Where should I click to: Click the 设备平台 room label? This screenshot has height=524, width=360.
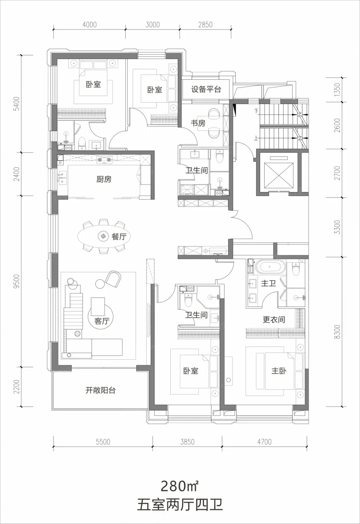(x=206, y=89)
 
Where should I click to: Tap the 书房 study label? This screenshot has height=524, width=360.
(x=198, y=123)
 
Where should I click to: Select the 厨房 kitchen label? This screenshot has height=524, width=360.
(x=104, y=179)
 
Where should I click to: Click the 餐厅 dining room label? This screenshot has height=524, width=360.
(x=119, y=237)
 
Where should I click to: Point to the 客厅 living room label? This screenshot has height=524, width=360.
(x=102, y=321)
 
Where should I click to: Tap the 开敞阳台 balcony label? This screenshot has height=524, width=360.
(x=100, y=390)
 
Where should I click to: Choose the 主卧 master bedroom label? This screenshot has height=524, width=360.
(x=279, y=371)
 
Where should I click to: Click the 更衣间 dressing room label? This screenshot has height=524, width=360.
(x=274, y=320)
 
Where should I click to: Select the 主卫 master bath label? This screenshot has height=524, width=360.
(x=269, y=284)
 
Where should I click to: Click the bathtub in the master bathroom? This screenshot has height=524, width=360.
(x=270, y=267)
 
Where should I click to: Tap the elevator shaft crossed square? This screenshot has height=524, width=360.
(x=278, y=175)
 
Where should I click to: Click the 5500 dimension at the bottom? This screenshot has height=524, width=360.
(x=103, y=442)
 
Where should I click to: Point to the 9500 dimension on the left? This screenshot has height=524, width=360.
(x=17, y=281)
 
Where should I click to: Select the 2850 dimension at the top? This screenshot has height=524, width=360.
(x=205, y=25)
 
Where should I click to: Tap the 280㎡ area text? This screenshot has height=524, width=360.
(x=180, y=486)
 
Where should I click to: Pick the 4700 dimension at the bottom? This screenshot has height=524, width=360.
(x=264, y=442)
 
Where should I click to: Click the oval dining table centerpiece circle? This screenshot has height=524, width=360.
(x=103, y=236)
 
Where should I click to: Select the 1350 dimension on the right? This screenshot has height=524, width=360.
(x=337, y=89)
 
